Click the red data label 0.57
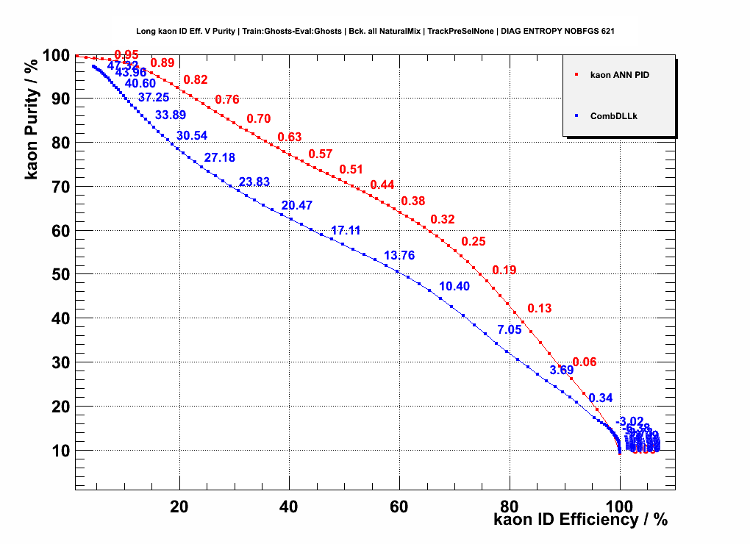[x=321, y=154]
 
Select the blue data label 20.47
[x=297, y=205]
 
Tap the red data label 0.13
[x=540, y=308]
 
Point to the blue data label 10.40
[x=454, y=286]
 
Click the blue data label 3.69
[x=562, y=370]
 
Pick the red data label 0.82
[x=196, y=79]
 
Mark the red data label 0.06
[x=585, y=362]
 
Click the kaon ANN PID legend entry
[x=620, y=75]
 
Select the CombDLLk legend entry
[x=612, y=115]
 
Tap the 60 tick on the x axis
[x=399, y=507]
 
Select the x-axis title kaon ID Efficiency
[x=581, y=520]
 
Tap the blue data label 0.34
[x=601, y=398]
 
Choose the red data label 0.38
[x=413, y=201]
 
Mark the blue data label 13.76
[x=399, y=255]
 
